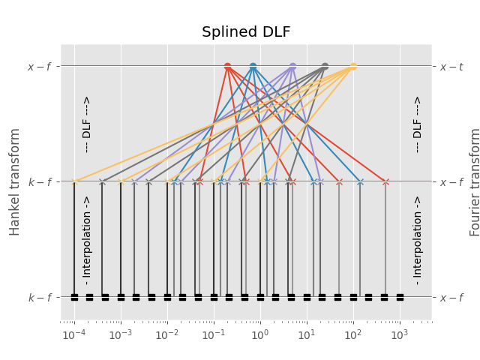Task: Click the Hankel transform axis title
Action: click(15, 181)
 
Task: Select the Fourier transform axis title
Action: click(474, 181)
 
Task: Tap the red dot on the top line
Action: click(227, 66)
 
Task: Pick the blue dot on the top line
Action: click(253, 66)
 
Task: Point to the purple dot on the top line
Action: click(292, 66)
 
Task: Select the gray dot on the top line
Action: click(325, 66)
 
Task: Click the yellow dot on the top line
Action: click(353, 66)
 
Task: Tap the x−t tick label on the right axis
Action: click(451, 67)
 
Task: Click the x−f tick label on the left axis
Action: click(40, 67)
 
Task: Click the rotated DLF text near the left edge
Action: click(86, 124)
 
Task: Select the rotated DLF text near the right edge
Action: click(418, 124)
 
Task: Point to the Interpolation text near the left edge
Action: click(86, 240)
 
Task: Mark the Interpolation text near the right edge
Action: click(418, 240)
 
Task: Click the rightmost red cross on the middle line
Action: click(385, 181)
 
